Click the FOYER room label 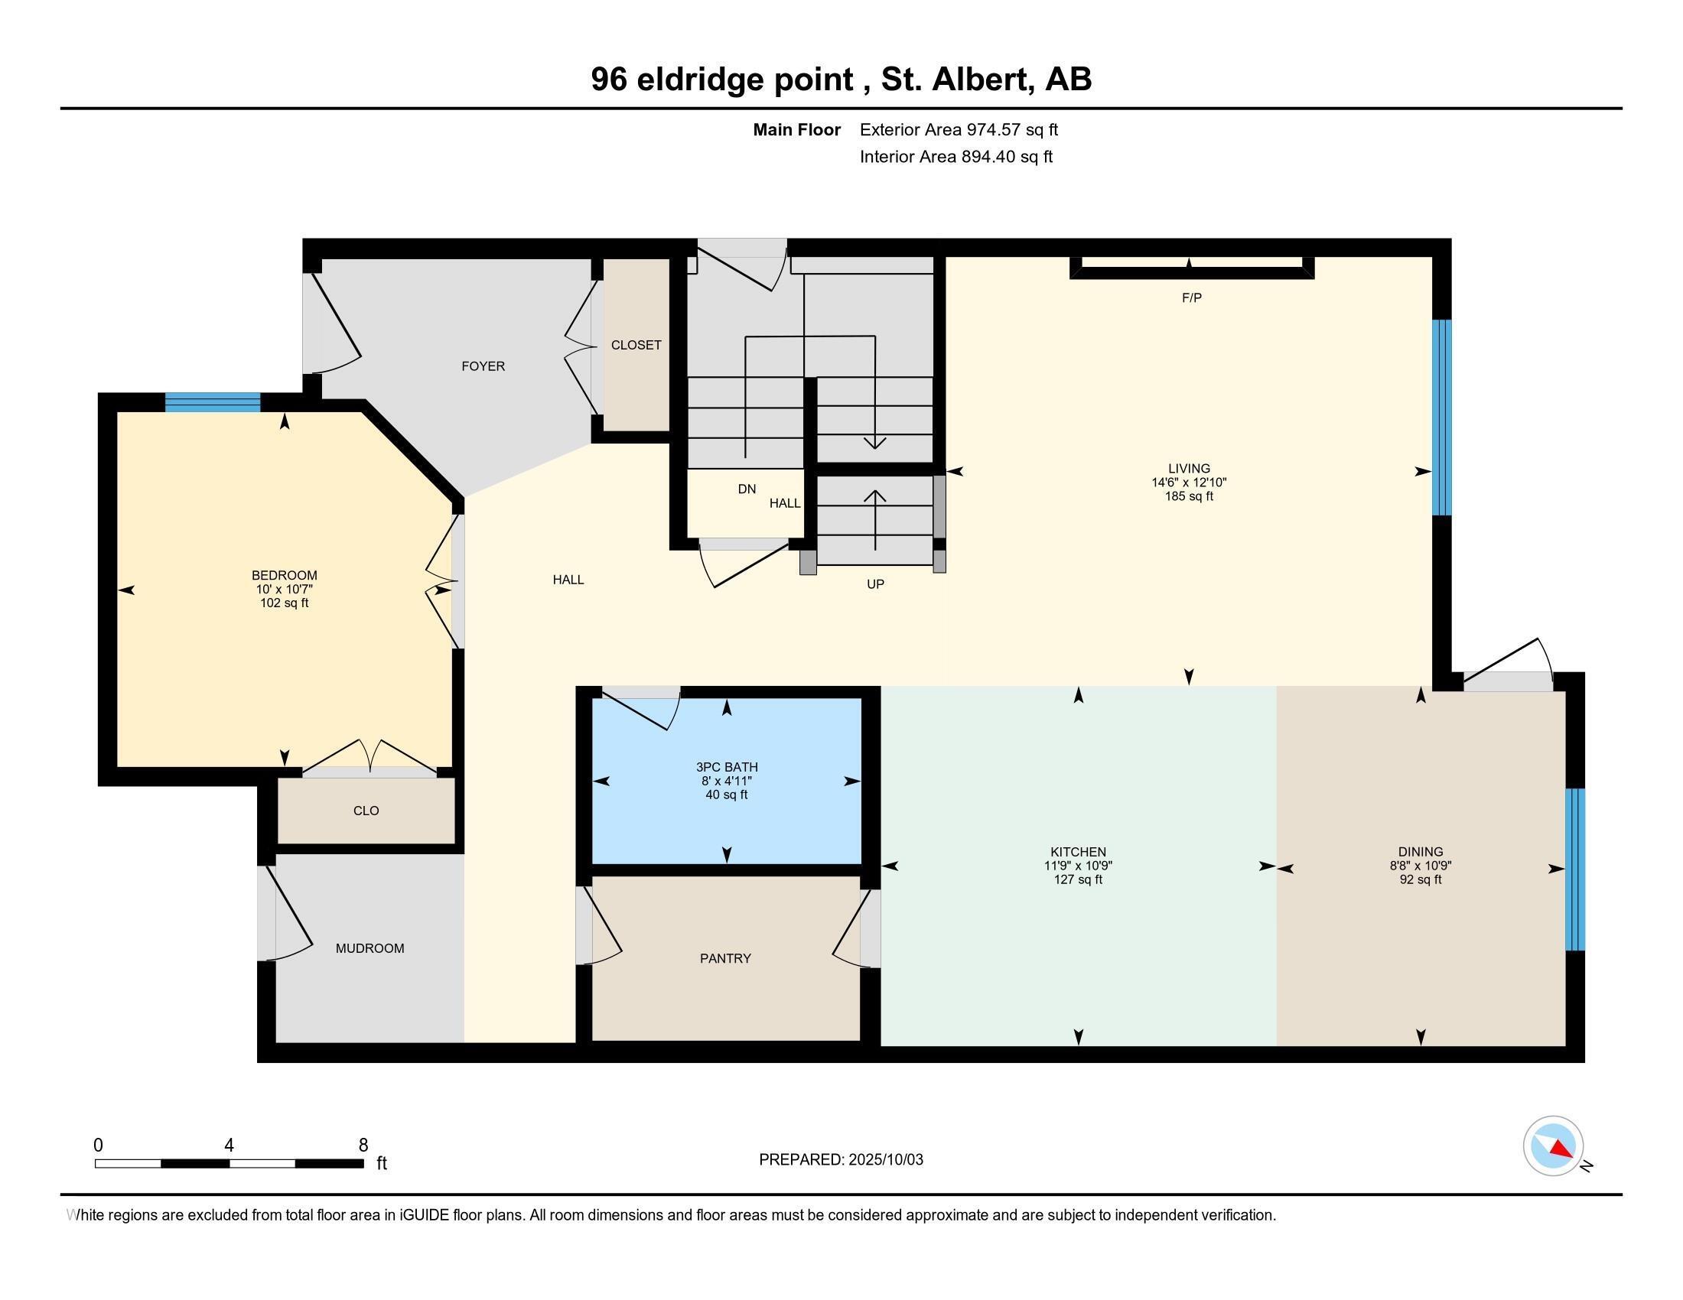click(483, 366)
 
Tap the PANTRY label click(725, 958)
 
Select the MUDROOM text click(370, 948)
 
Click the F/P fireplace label click(1191, 298)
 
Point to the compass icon click(1553, 1146)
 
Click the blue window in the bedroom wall click(213, 402)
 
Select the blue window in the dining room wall click(1575, 869)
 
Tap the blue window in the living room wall click(1441, 417)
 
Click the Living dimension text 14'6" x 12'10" click(1189, 483)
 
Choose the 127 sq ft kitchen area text click(1078, 879)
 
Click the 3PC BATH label click(727, 767)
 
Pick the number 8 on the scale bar click(363, 1146)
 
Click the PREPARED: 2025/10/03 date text click(841, 1159)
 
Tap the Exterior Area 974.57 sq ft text click(959, 130)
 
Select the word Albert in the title click(983, 80)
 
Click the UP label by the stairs click(875, 583)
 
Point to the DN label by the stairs click(747, 489)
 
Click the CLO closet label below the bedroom click(366, 810)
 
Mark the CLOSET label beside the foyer click(636, 345)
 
